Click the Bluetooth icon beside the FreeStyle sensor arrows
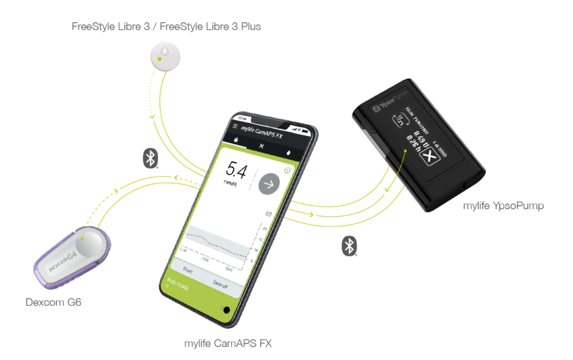149,158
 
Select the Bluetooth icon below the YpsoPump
350,246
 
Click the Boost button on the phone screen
186,269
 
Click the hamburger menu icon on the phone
235,126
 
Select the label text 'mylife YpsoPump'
503,206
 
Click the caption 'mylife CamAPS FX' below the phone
227,343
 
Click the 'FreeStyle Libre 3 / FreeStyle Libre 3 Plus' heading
166,26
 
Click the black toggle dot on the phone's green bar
227,310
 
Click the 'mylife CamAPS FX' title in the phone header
262,130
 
